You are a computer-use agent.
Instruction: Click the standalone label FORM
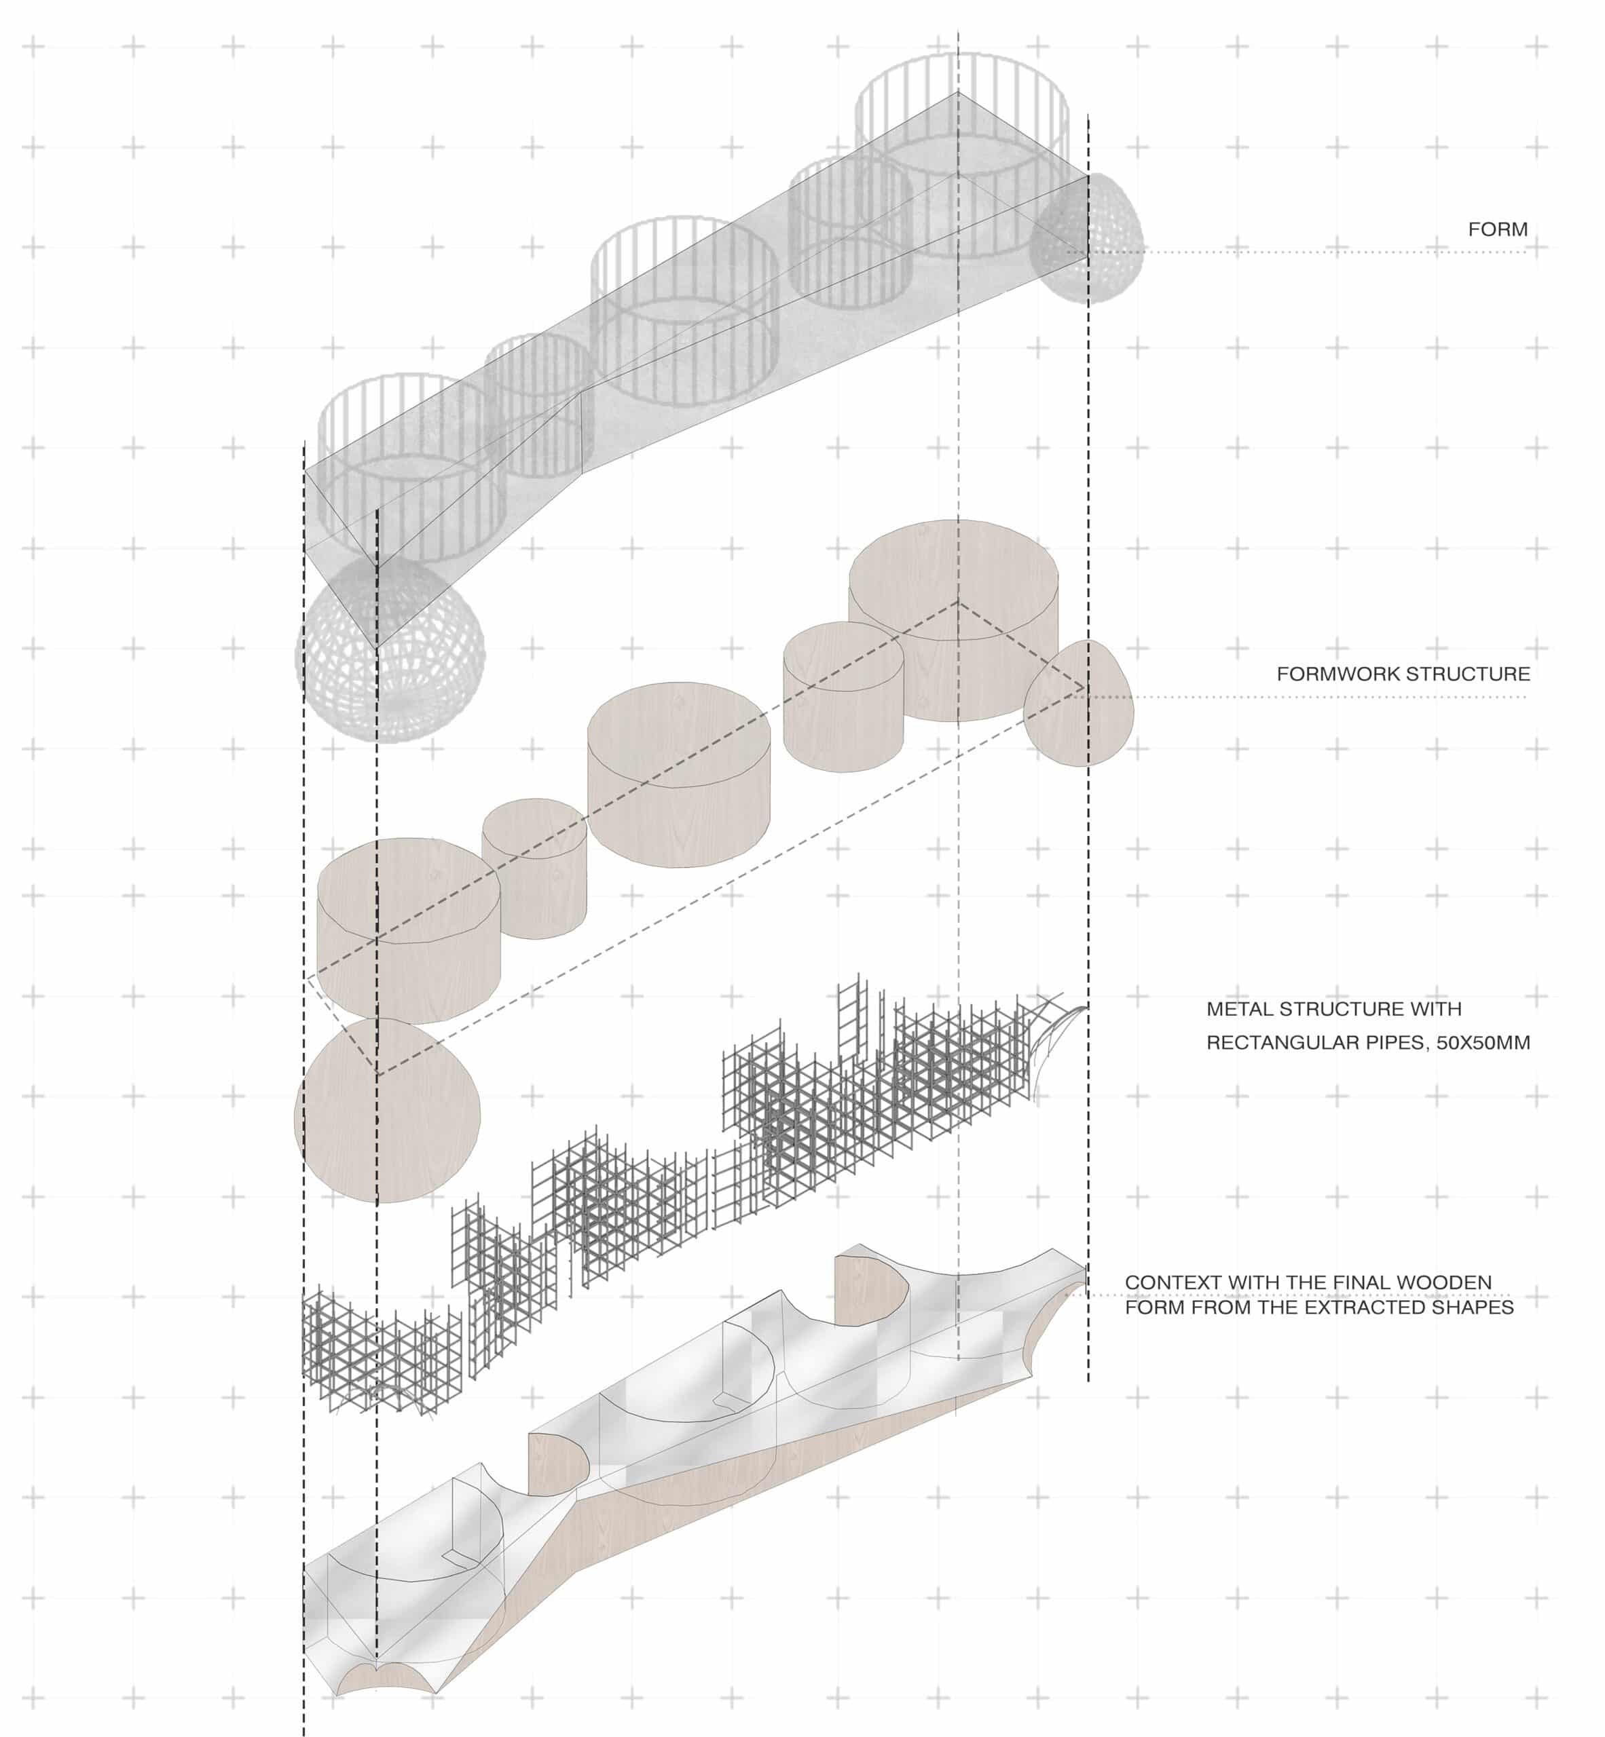click(x=1497, y=229)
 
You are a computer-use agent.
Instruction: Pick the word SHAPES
click(x=1474, y=1307)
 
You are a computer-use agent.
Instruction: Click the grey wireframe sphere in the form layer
click(x=390, y=650)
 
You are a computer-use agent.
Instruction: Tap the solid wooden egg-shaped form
click(x=1079, y=703)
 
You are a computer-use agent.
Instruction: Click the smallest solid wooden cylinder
click(x=534, y=868)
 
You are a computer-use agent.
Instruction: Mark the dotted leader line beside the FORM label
click(x=1297, y=252)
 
